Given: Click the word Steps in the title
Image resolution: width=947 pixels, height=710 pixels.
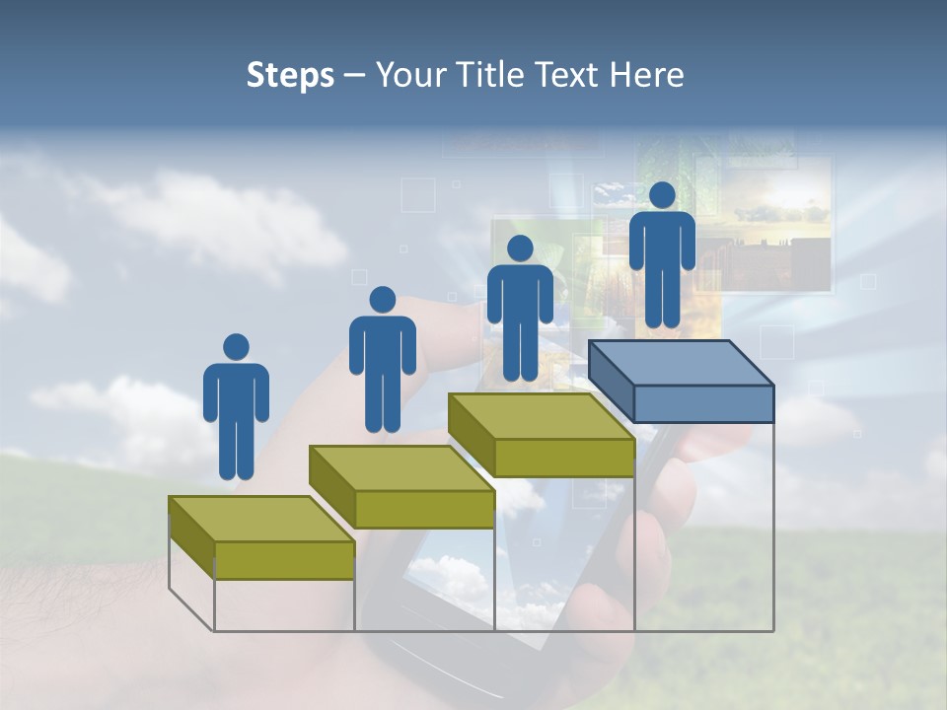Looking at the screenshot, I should [x=290, y=75].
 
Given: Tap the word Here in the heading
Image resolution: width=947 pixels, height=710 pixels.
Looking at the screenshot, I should [x=646, y=75].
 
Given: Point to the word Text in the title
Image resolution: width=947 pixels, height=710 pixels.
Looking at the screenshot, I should [x=571, y=75].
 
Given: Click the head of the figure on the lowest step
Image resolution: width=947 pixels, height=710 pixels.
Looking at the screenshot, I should [x=236, y=347].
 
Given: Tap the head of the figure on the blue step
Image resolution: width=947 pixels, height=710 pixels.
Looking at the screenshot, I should [x=662, y=195].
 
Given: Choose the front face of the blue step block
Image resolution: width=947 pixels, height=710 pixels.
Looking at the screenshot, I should [x=703, y=402].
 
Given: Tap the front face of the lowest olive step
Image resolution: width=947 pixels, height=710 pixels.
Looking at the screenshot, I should [x=284, y=559].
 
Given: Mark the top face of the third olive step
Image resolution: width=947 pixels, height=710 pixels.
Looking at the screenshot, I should [x=541, y=415].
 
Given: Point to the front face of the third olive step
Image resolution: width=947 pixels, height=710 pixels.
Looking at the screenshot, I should [x=563, y=457].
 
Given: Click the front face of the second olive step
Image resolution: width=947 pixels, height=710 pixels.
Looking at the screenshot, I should [x=424, y=508].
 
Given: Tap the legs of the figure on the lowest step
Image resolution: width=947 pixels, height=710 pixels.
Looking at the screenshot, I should [x=236, y=450].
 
